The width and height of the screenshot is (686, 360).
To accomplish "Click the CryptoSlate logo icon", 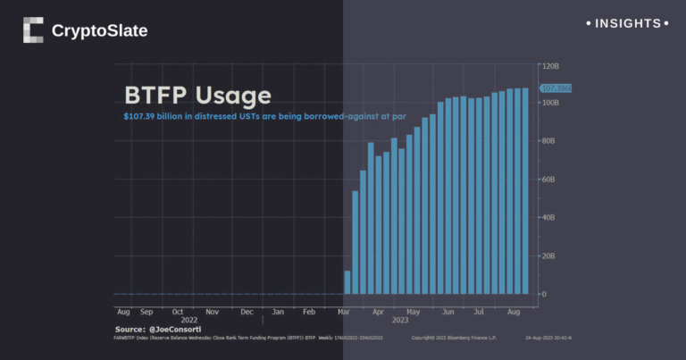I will [x=33, y=30].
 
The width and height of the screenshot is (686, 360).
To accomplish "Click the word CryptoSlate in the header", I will [x=99, y=31].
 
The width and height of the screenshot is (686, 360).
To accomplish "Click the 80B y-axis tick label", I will [x=548, y=141].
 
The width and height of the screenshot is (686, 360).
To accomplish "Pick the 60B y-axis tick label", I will [x=548, y=180].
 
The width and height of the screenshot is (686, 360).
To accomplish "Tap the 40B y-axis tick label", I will [x=548, y=217].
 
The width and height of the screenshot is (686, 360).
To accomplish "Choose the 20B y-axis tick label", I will [x=548, y=255].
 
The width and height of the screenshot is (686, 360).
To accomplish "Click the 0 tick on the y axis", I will [x=543, y=294].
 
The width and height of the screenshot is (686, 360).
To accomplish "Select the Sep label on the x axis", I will [x=146, y=312].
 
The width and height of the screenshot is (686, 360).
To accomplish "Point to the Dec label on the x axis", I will [x=246, y=312].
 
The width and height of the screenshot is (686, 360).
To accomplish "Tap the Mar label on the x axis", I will [x=344, y=312].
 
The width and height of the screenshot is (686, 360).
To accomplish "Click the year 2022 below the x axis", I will [x=189, y=320].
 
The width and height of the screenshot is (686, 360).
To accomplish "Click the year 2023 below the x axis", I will [x=399, y=320].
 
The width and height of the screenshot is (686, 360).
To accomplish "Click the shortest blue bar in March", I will [x=347, y=282].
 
